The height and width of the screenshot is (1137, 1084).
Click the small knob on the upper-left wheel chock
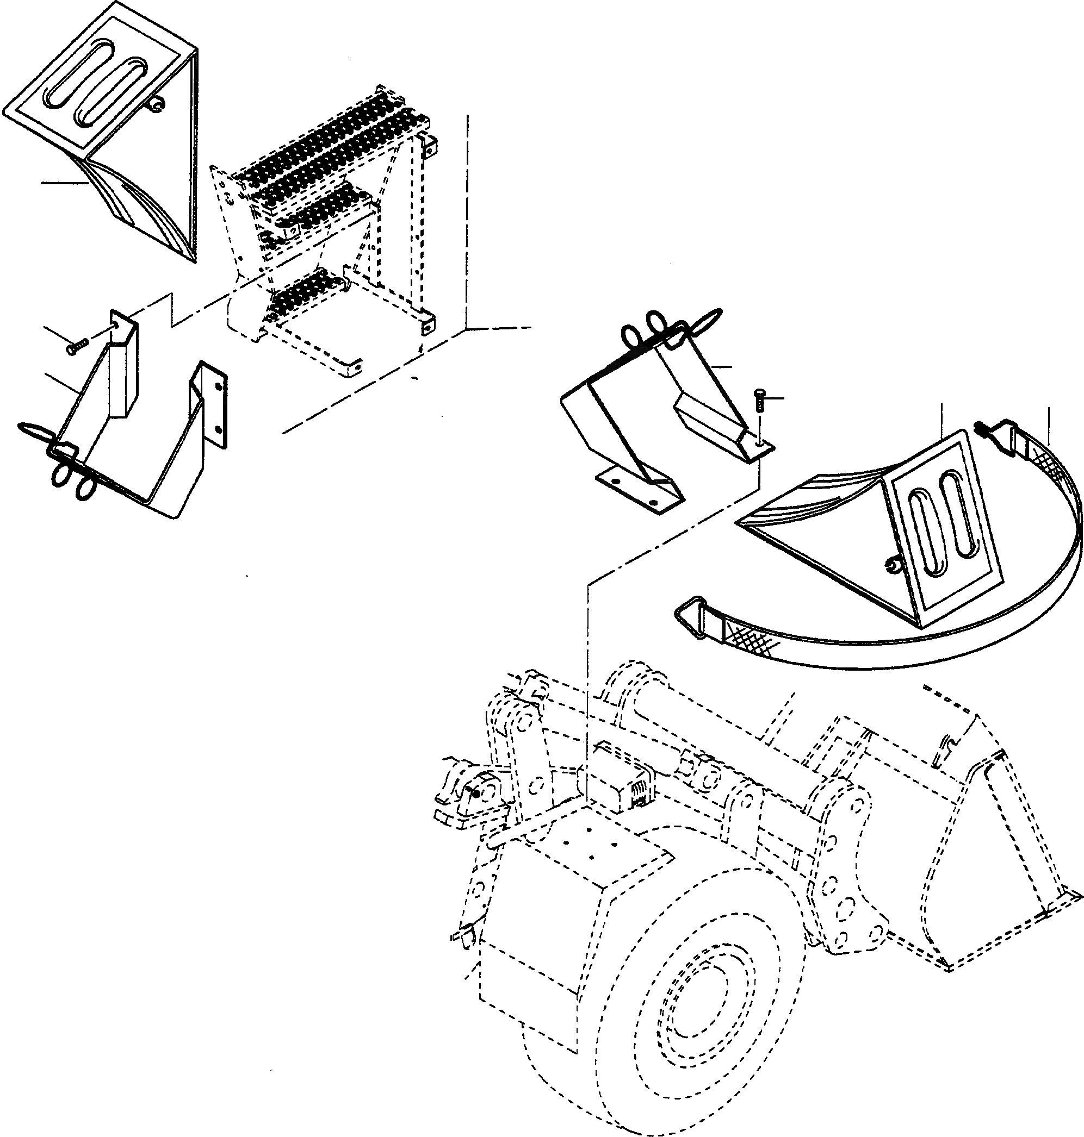click(x=157, y=104)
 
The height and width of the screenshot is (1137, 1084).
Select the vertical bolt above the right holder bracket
click(x=759, y=400)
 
